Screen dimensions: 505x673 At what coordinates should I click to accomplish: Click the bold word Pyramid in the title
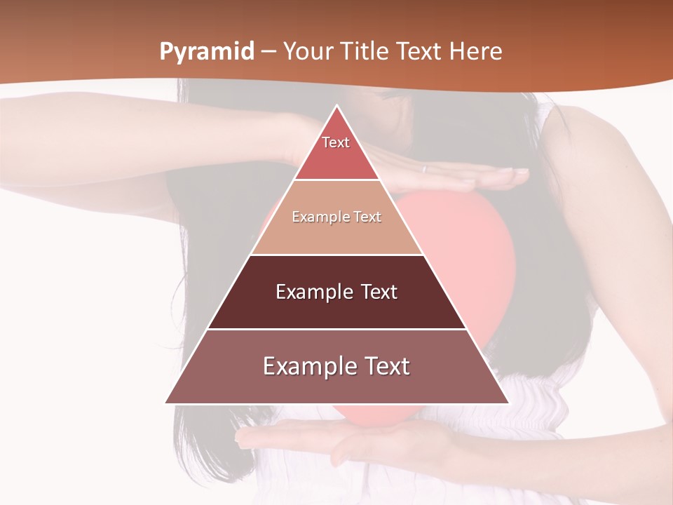(207, 52)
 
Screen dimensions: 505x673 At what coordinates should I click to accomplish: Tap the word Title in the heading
(365, 52)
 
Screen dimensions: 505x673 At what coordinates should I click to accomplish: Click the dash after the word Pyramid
(268, 52)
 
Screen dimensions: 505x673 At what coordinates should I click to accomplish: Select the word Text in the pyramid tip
(336, 142)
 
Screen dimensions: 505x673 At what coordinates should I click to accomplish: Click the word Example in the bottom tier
(308, 366)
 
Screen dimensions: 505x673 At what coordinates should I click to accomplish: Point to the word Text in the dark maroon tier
(379, 292)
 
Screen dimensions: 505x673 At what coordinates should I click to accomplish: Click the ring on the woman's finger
(423, 168)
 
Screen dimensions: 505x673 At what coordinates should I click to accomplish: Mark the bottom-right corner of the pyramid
(508, 403)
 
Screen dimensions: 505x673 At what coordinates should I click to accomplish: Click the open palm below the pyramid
(379, 442)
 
